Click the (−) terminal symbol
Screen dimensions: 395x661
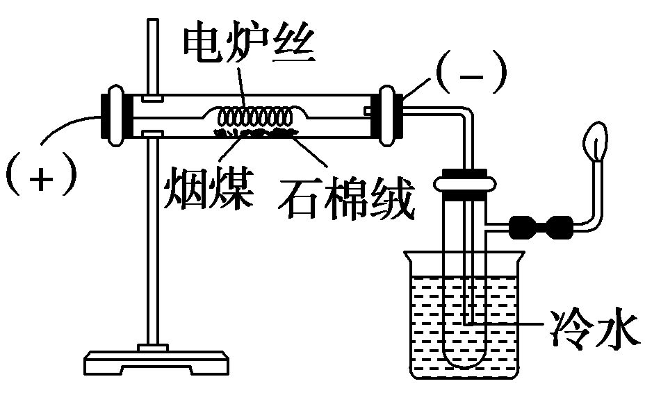click(x=473, y=76)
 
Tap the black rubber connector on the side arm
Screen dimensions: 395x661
click(x=541, y=226)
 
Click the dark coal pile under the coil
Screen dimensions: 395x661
click(x=254, y=132)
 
